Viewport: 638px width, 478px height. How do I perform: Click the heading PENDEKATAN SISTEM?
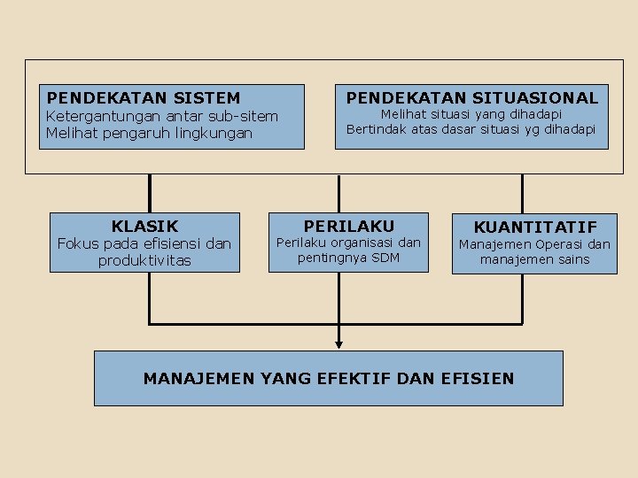[x=144, y=98]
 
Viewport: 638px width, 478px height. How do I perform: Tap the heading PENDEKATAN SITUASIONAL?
[x=472, y=98]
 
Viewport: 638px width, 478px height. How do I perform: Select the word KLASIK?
[x=144, y=227]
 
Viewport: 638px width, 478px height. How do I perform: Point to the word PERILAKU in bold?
[x=349, y=227]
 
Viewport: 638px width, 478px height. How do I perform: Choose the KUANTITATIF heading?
[x=535, y=227]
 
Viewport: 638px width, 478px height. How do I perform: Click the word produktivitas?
[x=144, y=260]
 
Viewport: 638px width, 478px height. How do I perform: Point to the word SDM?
[x=385, y=258]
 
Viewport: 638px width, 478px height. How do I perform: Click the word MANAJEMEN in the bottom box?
[x=198, y=379]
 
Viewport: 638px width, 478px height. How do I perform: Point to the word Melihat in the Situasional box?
[x=404, y=114]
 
